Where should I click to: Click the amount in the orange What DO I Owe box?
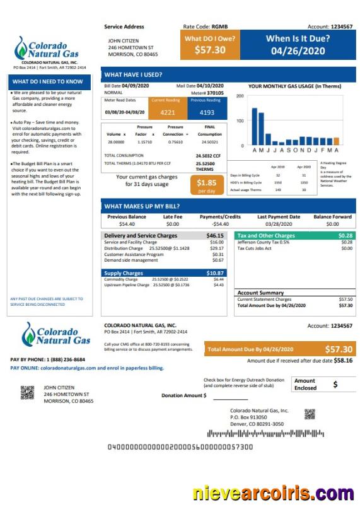[x=210, y=50]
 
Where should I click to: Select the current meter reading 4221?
[x=167, y=112]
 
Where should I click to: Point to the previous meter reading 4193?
[x=206, y=112]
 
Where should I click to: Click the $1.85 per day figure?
[x=206, y=183]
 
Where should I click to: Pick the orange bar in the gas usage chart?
[x=336, y=141]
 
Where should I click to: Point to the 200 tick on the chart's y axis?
[x=240, y=96]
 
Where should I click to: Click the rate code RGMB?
[x=219, y=26]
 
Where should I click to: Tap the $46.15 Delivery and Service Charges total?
[x=215, y=235]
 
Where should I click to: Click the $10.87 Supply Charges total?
[x=215, y=272]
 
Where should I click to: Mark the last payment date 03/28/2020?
[x=279, y=224]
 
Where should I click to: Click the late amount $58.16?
[x=342, y=361]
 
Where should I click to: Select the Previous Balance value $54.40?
[x=126, y=224]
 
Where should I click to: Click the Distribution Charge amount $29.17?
[x=217, y=248]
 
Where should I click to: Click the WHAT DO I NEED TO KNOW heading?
[x=47, y=81]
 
